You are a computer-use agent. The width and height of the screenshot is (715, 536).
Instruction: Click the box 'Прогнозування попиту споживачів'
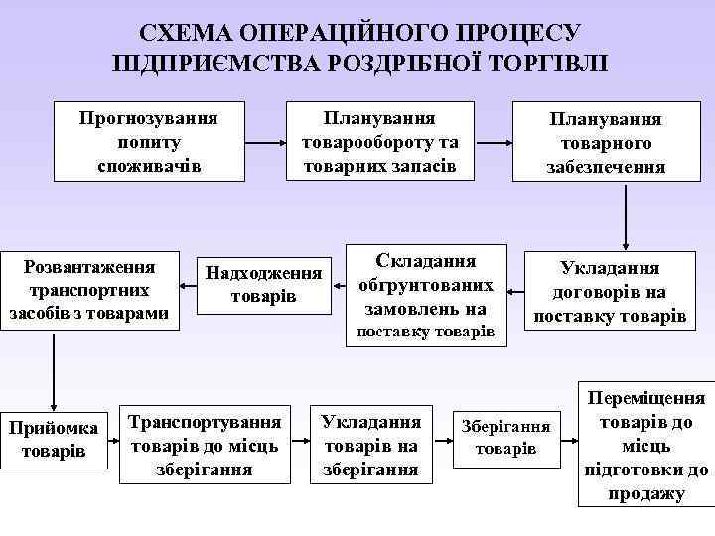149,140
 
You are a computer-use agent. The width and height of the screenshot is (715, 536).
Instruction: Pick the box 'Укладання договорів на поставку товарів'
609,292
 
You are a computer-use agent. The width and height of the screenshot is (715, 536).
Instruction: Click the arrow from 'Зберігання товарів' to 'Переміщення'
572,437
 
